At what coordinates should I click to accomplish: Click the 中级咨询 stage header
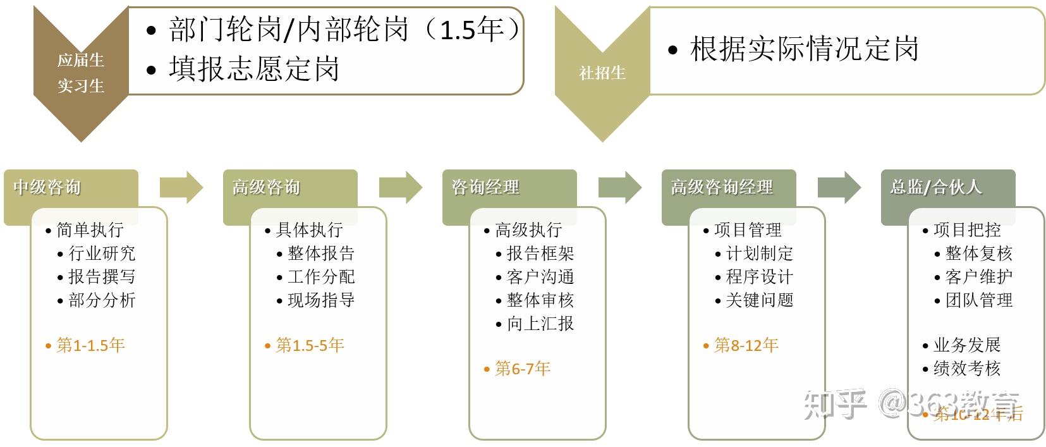(x=47, y=187)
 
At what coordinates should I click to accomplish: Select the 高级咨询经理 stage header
(x=722, y=187)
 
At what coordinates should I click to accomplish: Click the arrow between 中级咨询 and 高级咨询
(x=181, y=188)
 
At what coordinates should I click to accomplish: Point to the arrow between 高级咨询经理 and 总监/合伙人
(x=839, y=188)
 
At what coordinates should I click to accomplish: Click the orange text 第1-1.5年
(x=91, y=345)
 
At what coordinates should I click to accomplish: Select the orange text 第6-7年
(x=523, y=369)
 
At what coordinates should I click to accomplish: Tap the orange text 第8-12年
(x=746, y=345)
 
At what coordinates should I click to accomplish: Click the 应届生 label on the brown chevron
(x=81, y=61)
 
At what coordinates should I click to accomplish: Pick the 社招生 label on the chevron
(x=602, y=73)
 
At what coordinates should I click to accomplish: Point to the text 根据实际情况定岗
(x=804, y=49)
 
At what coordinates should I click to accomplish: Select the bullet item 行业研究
(x=102, y=254)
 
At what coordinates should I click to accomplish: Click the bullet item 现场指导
(x=321, y=300)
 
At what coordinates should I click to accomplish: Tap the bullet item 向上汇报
(x=540, y=324)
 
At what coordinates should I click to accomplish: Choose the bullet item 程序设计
(x=759, y=277)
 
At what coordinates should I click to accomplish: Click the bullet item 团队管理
(x=979, y=300)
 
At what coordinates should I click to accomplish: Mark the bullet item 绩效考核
(x=967, y=369)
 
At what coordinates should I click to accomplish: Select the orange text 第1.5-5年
(x=310, y=345)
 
